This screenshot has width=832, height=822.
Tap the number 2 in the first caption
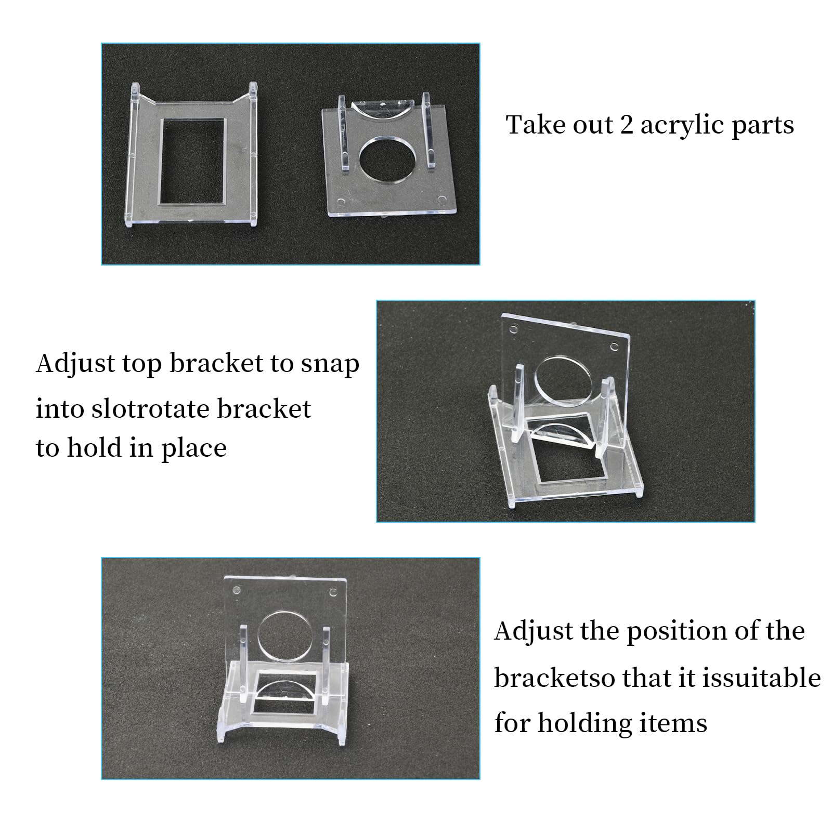tap(626, 125)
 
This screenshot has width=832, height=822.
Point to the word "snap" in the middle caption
tap(330, 365)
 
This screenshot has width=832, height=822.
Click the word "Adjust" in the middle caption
tap(75, 365)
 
